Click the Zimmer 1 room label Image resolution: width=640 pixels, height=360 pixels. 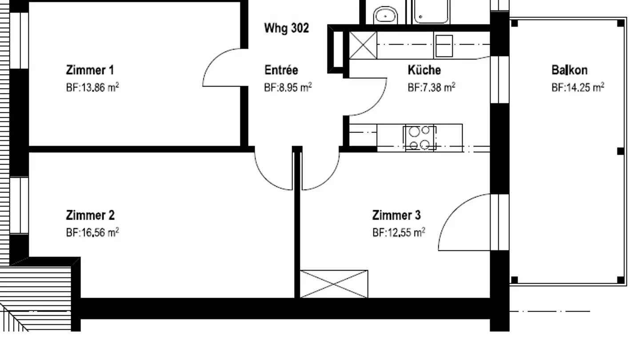click(90, 70)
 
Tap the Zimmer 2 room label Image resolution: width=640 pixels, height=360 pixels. click(90, 216)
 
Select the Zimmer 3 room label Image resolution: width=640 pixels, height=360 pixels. click(396, 216)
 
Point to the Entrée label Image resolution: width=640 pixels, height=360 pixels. click(281, 70)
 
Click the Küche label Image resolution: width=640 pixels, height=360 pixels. click(424, 70)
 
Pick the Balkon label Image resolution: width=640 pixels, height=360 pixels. click(569, 70)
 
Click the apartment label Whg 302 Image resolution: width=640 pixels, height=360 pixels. click(287, 28)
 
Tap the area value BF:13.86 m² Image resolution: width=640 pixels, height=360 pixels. click(92, 88)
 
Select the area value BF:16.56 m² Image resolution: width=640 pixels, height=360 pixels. click(92, 232)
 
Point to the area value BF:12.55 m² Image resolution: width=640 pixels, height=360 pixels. click(399, 232)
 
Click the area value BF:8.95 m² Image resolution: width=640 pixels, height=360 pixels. click(288, 88)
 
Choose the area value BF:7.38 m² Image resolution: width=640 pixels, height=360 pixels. click(432, 88)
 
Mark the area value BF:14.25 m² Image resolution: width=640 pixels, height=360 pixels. click(578, 88)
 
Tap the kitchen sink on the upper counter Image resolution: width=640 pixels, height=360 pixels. click(444, 45)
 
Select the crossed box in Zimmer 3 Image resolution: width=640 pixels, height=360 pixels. click(334, 284)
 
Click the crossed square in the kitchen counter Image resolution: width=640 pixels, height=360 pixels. click(363, 45)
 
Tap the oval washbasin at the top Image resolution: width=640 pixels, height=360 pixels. click(385, 16)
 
